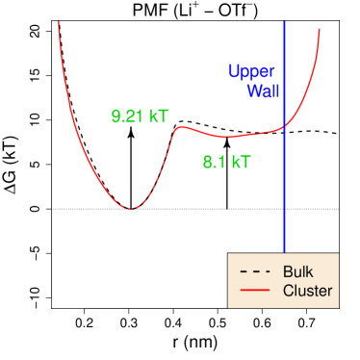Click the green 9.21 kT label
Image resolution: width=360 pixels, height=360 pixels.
tap(140, 116)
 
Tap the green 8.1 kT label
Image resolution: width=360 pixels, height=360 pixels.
tap(226, 163)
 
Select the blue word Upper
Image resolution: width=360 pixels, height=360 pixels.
tap(251, 71)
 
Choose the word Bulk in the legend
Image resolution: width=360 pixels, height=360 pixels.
tap(297, 271)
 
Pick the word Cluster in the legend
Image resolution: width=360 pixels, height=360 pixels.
tap(307, 291)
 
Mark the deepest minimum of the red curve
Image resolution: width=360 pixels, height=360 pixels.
tap(130, 208)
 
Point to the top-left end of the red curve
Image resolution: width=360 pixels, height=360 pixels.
tap(59, 22)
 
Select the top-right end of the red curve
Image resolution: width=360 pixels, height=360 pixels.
tap(319, 29)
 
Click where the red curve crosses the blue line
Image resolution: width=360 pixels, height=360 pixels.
tap(285, 125)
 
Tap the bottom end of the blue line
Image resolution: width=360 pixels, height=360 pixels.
tap(285, 252)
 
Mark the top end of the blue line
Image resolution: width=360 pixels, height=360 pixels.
tap(285, 21)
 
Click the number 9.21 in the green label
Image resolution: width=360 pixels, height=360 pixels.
tap(128, 116)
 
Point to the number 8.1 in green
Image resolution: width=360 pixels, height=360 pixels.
tap(213, 163)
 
